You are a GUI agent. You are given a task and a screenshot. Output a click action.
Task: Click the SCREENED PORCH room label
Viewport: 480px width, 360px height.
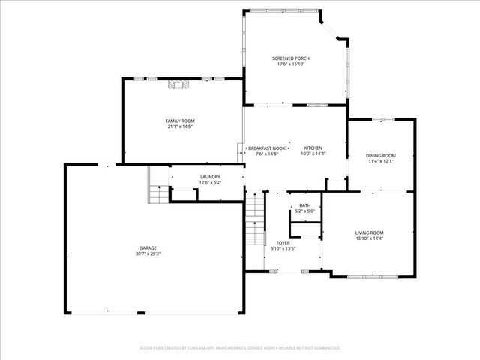click(x=290, y=58)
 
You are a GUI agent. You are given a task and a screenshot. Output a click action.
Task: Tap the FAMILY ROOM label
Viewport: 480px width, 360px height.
click(x=180, y=121)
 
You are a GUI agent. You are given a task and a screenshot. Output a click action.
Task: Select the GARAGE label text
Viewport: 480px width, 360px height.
click(x=148, y=248)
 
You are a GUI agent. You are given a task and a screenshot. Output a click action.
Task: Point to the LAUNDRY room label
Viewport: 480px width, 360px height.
click(x=209, y=177)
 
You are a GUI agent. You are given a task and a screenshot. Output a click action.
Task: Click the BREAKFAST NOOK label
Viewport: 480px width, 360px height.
click(x=267, y=148)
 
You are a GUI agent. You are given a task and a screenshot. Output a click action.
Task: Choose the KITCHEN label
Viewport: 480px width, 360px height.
click(x=313, y=148)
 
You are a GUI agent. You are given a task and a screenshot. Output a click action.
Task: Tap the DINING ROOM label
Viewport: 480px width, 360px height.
click(x=381, y=156)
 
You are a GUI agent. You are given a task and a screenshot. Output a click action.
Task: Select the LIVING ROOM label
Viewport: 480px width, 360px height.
click(x=369, y=232)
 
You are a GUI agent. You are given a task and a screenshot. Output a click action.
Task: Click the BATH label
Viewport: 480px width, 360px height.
click(x=304, y=205)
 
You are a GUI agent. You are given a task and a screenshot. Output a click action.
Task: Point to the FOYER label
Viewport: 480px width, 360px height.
click(x=283, y=243)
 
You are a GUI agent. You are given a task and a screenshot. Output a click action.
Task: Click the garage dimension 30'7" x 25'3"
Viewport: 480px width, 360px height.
click(x=148, y=253)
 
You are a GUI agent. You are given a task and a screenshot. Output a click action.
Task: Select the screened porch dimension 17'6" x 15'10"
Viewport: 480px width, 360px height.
click(x=290, y=64)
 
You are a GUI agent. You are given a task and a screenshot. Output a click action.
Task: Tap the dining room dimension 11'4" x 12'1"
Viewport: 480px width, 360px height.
click(x=381, y=161)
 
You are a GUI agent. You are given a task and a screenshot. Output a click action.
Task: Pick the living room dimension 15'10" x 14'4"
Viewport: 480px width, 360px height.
click(x=369, y=238)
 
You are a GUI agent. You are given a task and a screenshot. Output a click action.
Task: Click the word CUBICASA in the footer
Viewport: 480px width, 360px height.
click(x=208, y=348)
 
